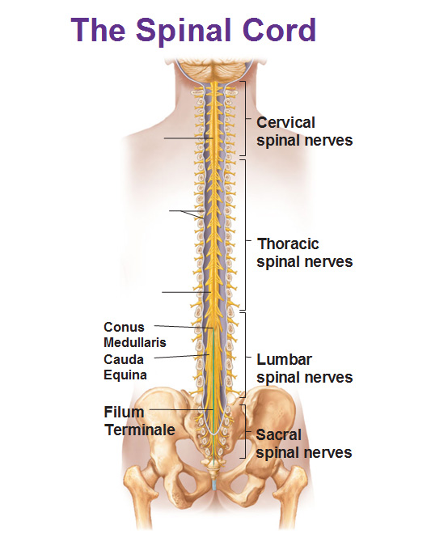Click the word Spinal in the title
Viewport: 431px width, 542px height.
pyautogui.click(x=184, y=31)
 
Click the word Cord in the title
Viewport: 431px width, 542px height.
pyautogui.click(x=279, y=30)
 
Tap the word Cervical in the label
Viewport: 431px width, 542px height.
pyautogui.click(x=285, y=123)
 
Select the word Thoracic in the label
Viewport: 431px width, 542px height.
pyautogui.click(x=288, y=243)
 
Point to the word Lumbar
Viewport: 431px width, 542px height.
pyautogui.click(x=284, y=359)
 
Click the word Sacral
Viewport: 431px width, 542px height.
pyautogui.click(x=279, y=435)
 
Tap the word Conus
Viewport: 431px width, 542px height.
pyautogui.click(x=124, y=327)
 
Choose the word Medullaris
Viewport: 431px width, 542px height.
pyautogui.click(x=135, y=342)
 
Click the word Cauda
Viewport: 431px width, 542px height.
pyautogui.click(x=124, y=359)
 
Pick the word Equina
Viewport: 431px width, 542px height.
pyautogui.click(x=125, y=375)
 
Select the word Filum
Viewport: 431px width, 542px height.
pyautogui.click(x=124, y=412)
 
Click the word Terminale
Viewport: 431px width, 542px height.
pyautogui.click(x=140, y=430)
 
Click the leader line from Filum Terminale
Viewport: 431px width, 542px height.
pyautogui.click(x=181, y=409)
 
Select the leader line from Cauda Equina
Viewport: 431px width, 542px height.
pyautogui.click(x=181, y=357)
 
